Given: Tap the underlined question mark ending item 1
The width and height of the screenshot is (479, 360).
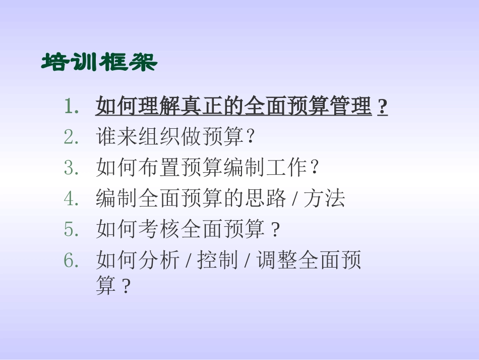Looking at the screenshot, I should pyautogui.click(x=383, y=107).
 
